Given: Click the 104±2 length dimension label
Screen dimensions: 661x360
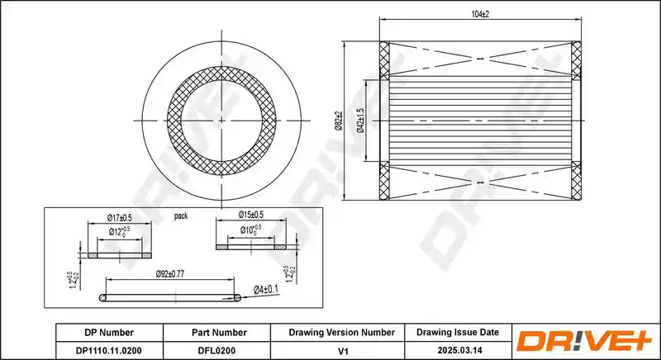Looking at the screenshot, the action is coord(480,14).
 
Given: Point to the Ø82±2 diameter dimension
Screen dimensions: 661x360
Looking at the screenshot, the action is coord(339,121).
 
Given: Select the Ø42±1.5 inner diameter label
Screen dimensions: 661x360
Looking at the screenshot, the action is coord(360,121).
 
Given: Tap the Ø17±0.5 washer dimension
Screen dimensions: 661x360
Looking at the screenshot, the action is coord(119,218).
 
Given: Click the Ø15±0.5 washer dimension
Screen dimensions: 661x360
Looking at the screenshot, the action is coord(251,215).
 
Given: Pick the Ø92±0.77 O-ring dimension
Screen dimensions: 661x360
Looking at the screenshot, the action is coord(170,273).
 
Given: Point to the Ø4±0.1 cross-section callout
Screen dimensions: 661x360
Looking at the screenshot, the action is coord(266,290).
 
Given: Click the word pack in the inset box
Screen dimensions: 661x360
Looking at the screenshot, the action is coord(181,216).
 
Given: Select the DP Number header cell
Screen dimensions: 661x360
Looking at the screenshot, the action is coord(109,333).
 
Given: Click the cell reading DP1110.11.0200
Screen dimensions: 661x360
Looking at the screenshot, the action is coord(109,350).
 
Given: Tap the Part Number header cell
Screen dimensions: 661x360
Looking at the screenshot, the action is coord(219,333).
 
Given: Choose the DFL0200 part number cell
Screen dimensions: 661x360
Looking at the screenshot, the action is coord(216,350).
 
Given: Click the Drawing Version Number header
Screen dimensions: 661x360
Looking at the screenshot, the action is coord(342,333).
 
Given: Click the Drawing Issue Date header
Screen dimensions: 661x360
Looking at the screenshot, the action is coord(458,332).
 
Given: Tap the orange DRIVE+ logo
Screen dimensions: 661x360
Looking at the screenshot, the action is coord(584,341).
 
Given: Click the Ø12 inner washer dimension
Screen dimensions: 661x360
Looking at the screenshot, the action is coord(119,231).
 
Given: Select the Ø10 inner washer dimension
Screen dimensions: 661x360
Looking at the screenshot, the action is coord(251,230).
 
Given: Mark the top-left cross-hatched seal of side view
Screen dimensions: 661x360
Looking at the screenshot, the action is coord(384,59).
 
